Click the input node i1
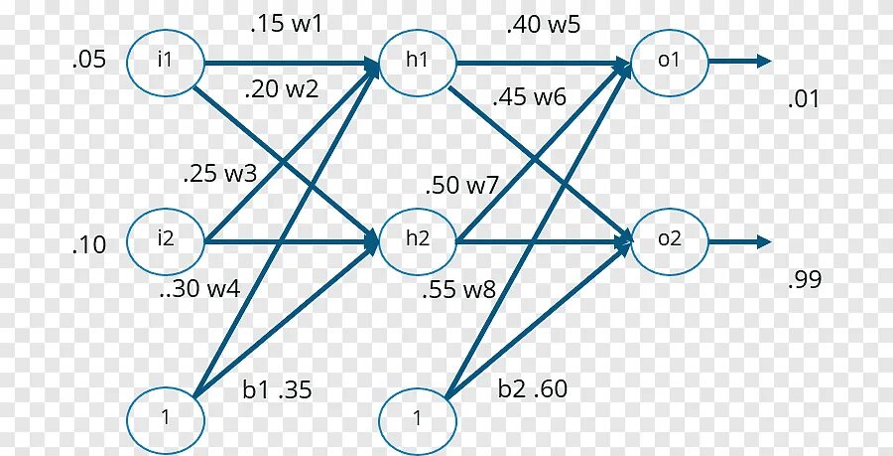coord(165,61)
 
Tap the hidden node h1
coord(418,61)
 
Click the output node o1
coord(670,61)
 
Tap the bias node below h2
coord(418,417)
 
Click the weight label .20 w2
coord(282,88)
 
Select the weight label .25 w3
coord(220,174)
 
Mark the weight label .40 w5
coord(543,25)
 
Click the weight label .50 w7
coord(461,186)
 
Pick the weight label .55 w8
coord(457,291)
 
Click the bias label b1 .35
coord(278,390)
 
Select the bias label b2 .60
coord(533,388)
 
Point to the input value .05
coord(89,61)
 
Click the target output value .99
coord(805,280)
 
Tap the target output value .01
coord(805,99)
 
